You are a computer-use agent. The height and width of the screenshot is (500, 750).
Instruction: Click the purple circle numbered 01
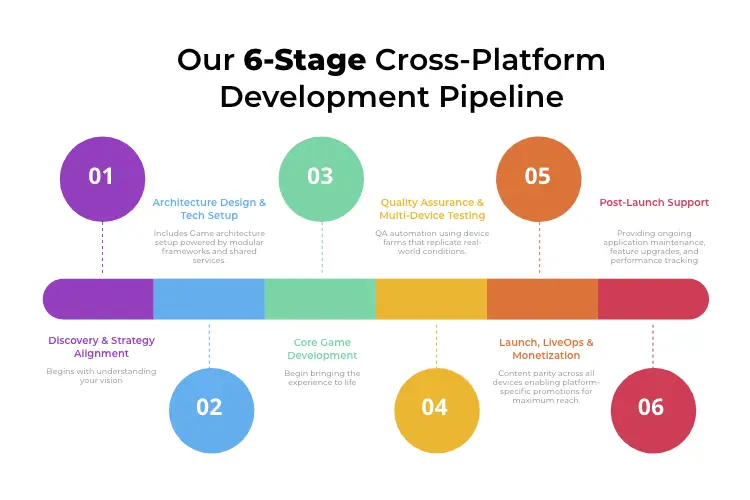coord(101,176)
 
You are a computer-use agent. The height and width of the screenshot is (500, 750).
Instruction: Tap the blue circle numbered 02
coord(209,407)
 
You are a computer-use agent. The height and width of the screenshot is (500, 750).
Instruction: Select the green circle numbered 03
coord(320,176)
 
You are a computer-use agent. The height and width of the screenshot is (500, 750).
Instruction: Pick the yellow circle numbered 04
coord(435,407)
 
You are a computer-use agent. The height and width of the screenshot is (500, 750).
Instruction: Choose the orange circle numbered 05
coord(538,176)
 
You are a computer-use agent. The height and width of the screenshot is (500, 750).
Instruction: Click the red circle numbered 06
coord(651,407)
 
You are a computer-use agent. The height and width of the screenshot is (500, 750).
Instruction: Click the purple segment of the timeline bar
coord(99,299)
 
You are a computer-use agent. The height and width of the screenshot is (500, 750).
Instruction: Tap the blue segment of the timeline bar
coord(208,299)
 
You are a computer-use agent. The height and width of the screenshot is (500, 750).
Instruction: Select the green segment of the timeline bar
coord(320,299)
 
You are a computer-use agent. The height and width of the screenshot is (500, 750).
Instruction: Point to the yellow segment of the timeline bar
coord(431,299)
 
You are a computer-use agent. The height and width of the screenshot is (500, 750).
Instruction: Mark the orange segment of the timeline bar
coord(542,299)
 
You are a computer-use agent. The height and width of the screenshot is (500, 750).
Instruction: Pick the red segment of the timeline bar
coord(652,299)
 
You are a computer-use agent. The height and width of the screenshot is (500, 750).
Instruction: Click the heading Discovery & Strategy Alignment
coord(101,347)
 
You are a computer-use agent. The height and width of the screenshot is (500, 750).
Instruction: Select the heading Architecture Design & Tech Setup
coord(209,208)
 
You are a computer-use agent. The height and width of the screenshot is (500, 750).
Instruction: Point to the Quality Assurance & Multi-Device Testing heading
coord(432,208)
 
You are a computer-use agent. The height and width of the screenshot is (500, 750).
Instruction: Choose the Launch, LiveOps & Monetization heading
coord(546,348)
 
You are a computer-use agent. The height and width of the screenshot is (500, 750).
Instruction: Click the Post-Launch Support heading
coord(654,202)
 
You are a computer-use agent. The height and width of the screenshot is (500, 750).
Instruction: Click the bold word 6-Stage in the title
coord(304,60)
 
